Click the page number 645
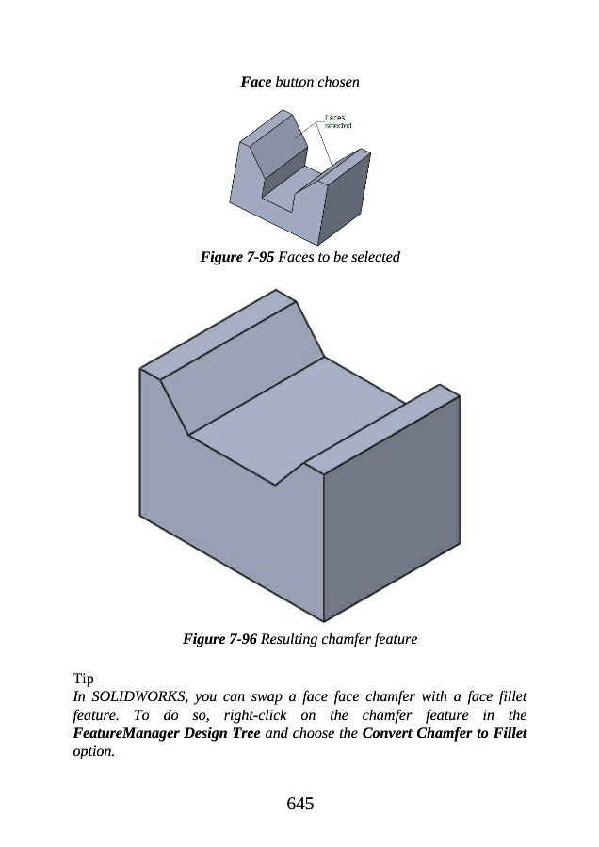click(300, 804)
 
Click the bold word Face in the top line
click(256, 82)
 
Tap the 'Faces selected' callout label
click(338, 121)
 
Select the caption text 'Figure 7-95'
click(236, 257)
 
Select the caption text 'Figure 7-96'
click(219, 639)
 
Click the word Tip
click(83, 679)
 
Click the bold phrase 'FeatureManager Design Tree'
click(167, 733)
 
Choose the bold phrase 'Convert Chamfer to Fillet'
click(445, 733)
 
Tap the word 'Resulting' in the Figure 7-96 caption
click(289, 639)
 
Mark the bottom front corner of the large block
click(324, 621)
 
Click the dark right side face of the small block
click(348, 198)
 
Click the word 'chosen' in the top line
click(338, 82)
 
